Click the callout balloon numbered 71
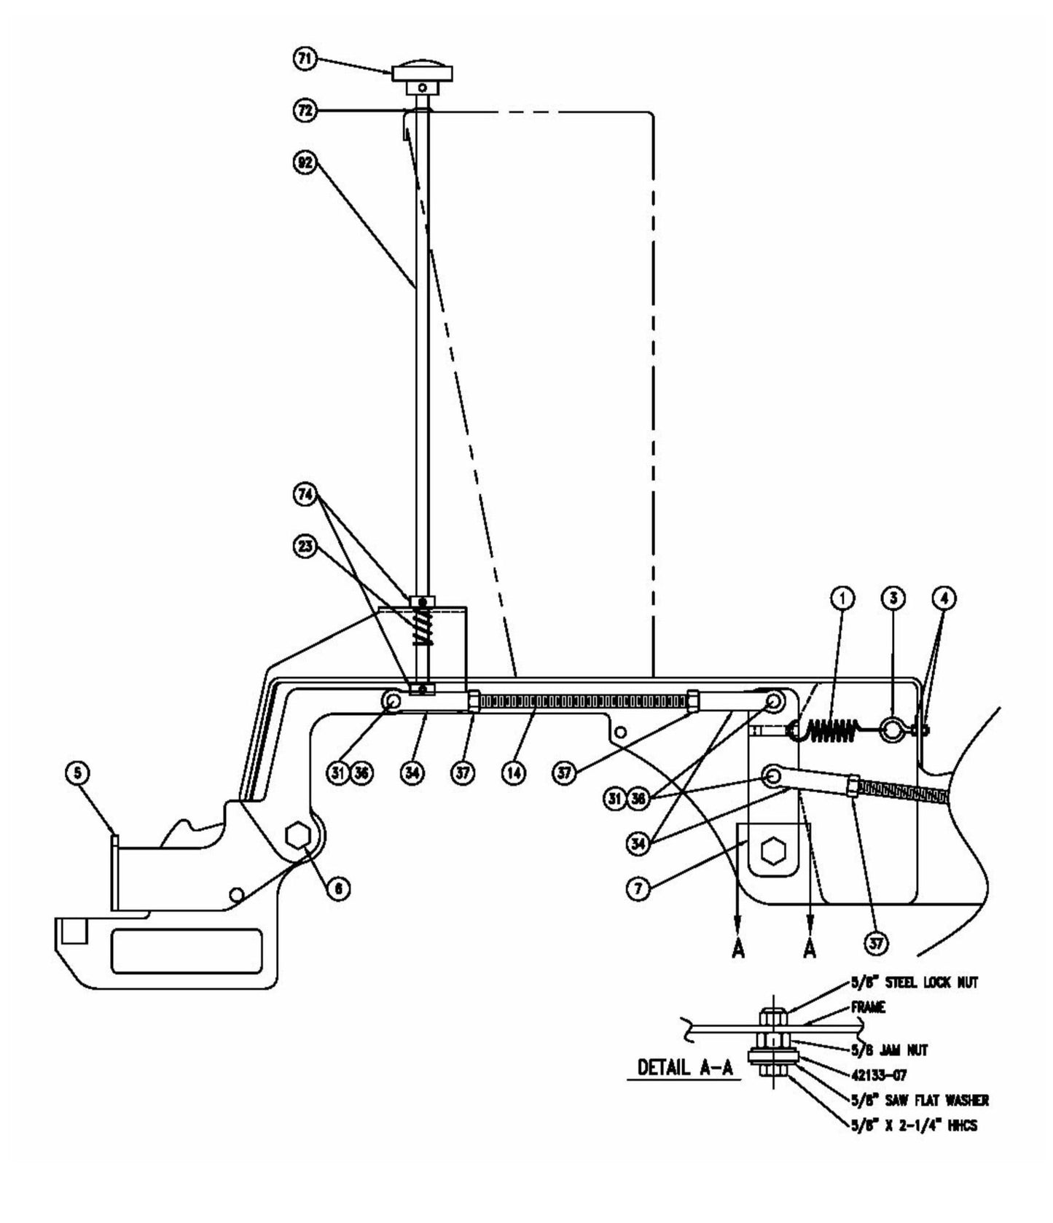click(305, 59)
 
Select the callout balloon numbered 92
click(305, 163)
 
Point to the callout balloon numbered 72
click(305, 111)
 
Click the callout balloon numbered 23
click(305, 545)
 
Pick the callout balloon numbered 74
click(305, 495)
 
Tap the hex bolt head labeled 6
click(297, 836)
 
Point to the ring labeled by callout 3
click(891, 728)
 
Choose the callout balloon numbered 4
click(944, 598)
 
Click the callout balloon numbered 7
click(638, 888)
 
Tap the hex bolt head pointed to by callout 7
click(772, 851)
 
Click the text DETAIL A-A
click(684, 1067)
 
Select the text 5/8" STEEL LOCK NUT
click(914, 982)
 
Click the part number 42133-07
click(879, 1075)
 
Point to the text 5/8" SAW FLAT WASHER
click(919, 1100)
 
